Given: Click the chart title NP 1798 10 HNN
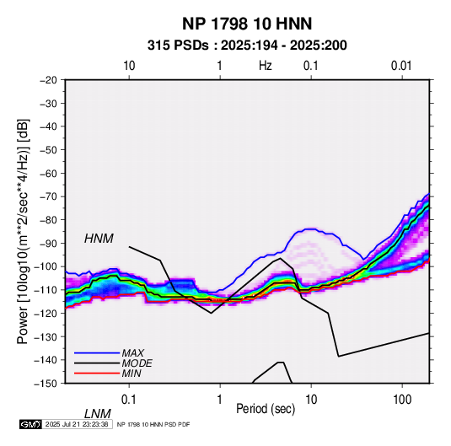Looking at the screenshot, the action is (x=247, y=24).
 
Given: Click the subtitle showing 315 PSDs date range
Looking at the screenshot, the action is (x=247, y=46).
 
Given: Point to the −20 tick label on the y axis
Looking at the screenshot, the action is (x=48, y=80).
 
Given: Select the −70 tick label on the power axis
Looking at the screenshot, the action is (x=48, y=196).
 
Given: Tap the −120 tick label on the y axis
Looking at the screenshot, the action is (x=46, y=313).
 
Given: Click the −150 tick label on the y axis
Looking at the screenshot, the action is (x=46, y=384).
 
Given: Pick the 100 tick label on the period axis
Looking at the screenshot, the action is (x=402, y=400).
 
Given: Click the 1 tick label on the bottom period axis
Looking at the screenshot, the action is (x=220, y=400).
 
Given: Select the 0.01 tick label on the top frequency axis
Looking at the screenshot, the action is (x=401, y=66).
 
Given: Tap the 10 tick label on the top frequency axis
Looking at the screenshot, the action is (x=129, y=66).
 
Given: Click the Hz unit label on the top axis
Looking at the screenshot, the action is (x=265, y=66).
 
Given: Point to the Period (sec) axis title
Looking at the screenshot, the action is (x=266, y=409).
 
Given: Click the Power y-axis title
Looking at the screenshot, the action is (x=23, y=231).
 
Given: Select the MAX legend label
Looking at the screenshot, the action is (x=133, y=353).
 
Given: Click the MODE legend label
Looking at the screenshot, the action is (x=137, y=363).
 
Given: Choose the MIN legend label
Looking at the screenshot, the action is (x=132, y=373).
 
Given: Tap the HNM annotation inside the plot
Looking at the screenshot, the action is (x=99, y=239).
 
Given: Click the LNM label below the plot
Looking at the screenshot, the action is (x=97, y=414).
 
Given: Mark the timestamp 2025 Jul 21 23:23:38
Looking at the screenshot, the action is (x=77, y=424).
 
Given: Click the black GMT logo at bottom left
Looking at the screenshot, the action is (x=31, y=424).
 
